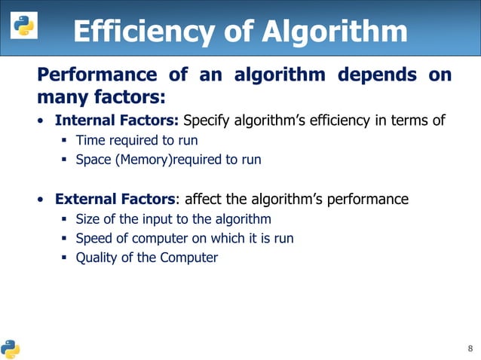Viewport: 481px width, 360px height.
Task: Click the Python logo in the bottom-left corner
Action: pyautogui.click(x=11, y=348)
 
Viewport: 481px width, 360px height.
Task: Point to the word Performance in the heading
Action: pyautogui.click(x=91, y=75)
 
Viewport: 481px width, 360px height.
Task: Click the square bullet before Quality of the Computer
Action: pyautogui.click(x=64, y=258)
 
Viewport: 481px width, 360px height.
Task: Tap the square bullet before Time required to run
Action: pyautogui.click(x=64, y=139)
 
